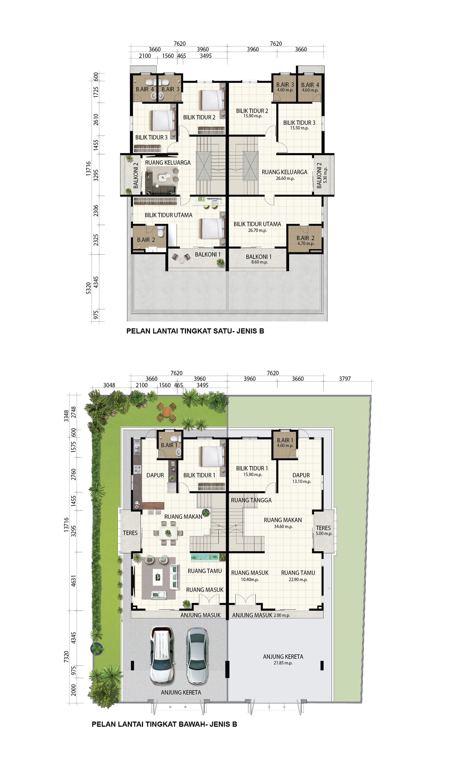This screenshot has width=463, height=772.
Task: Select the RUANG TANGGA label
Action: point(251,500)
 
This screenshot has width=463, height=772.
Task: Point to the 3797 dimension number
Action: point(345,379)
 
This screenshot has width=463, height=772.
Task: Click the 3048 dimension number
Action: point(109,385)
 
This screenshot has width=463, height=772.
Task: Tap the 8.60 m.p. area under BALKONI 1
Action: point(260,262)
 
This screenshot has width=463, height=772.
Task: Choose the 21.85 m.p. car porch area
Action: point(283,663)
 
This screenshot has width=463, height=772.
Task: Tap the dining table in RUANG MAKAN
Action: point(168,533)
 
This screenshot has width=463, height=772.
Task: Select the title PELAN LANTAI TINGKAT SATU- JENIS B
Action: point(195,331)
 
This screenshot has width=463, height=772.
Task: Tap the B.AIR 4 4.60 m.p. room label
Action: point(310,87)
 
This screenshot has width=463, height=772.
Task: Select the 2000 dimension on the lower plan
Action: point(73,690)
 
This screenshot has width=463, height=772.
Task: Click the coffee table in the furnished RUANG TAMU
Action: point(158,577)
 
